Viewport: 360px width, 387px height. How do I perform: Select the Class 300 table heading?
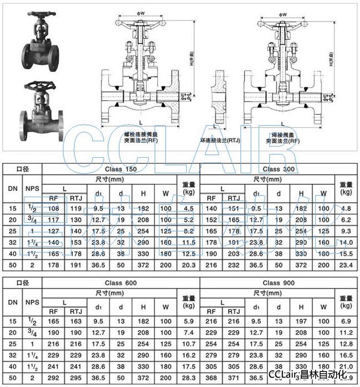coord(279,169)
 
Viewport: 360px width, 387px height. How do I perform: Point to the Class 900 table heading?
coord(279,283)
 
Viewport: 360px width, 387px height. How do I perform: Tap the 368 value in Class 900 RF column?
coord(211,378)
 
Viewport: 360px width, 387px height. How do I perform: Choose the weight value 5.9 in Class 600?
coord(188,321)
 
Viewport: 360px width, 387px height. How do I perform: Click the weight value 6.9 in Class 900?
coord(347,321)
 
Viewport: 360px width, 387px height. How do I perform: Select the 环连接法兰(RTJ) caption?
coord(220,141)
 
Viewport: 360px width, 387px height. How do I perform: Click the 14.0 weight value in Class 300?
coord(347,242)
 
